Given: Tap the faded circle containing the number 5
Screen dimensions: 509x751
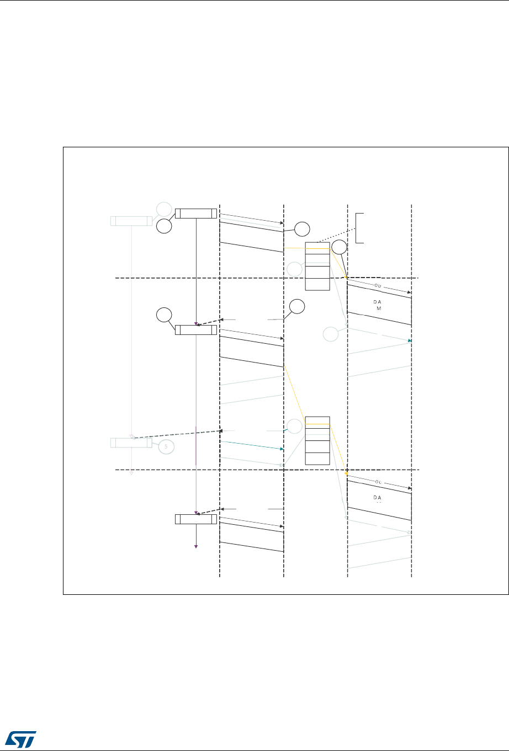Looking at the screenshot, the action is click(x=166, y=447).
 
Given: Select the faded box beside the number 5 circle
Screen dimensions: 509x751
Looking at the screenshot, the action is click(x=131, y=443).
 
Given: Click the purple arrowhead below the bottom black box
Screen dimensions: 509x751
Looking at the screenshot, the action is click(x=196, y=546).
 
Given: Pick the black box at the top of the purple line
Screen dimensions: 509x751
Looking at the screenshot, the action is click(x=196, y=214).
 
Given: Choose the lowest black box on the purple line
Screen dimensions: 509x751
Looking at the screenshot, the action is click(x=196, y=519).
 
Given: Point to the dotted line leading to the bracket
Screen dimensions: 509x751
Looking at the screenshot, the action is click(x=337, y=234).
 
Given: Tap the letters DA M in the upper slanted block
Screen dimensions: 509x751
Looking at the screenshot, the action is click(x=378, y=305).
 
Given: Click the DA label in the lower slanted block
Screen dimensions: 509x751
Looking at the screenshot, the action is click(x=378, y=497).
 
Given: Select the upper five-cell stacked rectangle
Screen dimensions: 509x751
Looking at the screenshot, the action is click(x=317, y=266).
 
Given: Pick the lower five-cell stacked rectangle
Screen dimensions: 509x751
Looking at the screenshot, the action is click(x=317, y=440).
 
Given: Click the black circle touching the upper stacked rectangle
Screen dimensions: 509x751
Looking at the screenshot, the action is click(x=340, y=248).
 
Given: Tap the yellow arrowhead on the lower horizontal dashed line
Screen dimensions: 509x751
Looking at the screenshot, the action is click(x=346, y=473).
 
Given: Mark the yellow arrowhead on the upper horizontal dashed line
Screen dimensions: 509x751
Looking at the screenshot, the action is click(x=346, y=278).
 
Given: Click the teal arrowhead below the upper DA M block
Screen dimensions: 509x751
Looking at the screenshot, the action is click(x=409, y=341).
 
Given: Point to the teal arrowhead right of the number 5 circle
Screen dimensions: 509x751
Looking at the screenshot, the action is click(x=282, y=449).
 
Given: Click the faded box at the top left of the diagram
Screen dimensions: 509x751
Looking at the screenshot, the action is click(x=131, y=221).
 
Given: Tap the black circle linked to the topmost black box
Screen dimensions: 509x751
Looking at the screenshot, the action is click(x=163, y=226).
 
